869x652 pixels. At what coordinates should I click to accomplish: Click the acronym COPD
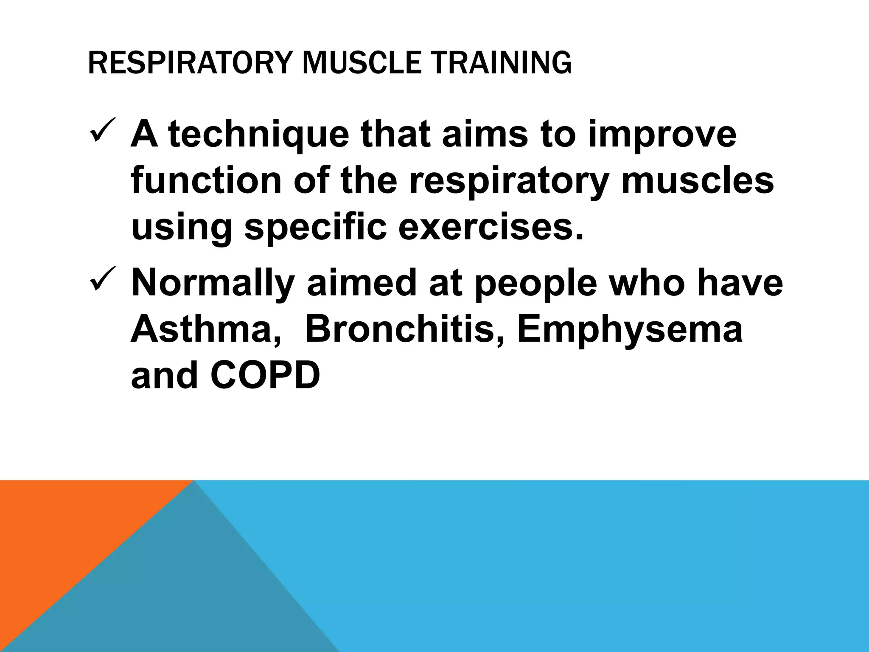[265, 375]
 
